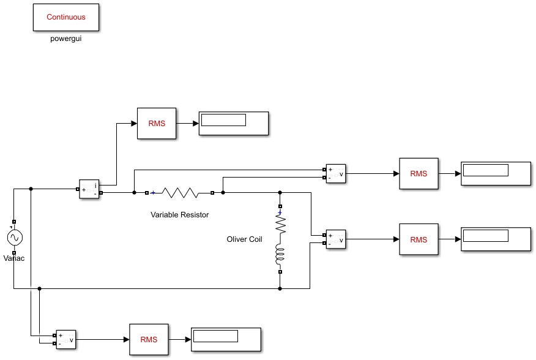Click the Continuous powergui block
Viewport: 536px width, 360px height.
pyautogui.click(x=66, y=18)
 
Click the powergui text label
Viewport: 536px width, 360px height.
pyautogui.click(x=66, y=39)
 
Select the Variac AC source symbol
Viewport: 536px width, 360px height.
pyautogui.click(x=15, y=238)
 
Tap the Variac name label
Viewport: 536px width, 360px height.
pyautogui.click(x=14, y=258)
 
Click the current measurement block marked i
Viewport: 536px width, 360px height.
pyautogui.click(x=89, y=189)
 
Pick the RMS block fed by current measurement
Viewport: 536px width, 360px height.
pyautogui.click(x=157, y=124)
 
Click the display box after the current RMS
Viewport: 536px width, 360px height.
pyautogui.click(x=234, y=123)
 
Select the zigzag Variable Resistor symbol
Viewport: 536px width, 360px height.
pyautogui.click(x=180, y=193)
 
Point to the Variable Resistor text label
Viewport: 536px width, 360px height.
pyautogui.click(x=179, y=214)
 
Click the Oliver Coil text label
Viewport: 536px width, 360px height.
pyautogui.click(x=244, y=239)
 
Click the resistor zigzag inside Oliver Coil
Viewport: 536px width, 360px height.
pyautogui.click(x=280, y=225)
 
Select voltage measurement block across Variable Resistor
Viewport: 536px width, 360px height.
pyautogui.click(x=336, y=173)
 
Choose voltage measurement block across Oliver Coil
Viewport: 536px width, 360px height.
pyautogui.click(x=336, y=239)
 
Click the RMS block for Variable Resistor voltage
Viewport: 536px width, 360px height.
pyautogui.click(x=419, y=173)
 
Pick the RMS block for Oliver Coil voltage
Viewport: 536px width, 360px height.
pyautogui.click(x=419, y=239)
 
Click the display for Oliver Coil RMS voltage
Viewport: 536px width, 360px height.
pyautogui.click(x=496, y=239)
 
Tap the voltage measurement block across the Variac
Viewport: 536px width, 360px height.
pyautogui.click(x=66, y=339)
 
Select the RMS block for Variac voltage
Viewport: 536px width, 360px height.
pyautogui.click(x=149, y=339)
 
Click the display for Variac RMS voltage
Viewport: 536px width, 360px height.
pyautogui.click(x=226, y=339)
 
